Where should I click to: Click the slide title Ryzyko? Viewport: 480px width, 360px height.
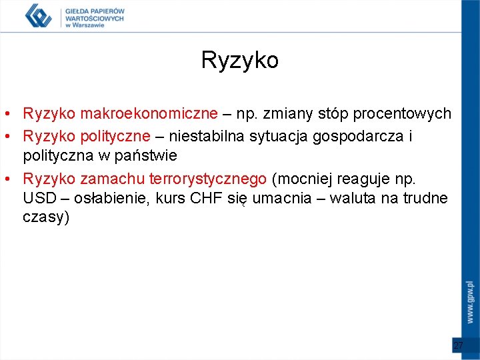tap(239, 61)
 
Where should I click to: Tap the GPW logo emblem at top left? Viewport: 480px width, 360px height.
tap(38, 15)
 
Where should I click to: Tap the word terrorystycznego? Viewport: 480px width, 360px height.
tap(208, 179)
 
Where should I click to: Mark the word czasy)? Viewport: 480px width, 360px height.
tap(46, 218)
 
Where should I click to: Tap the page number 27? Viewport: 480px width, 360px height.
tap(458, 345)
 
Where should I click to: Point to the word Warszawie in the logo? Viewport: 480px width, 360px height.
tap(89, 26)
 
